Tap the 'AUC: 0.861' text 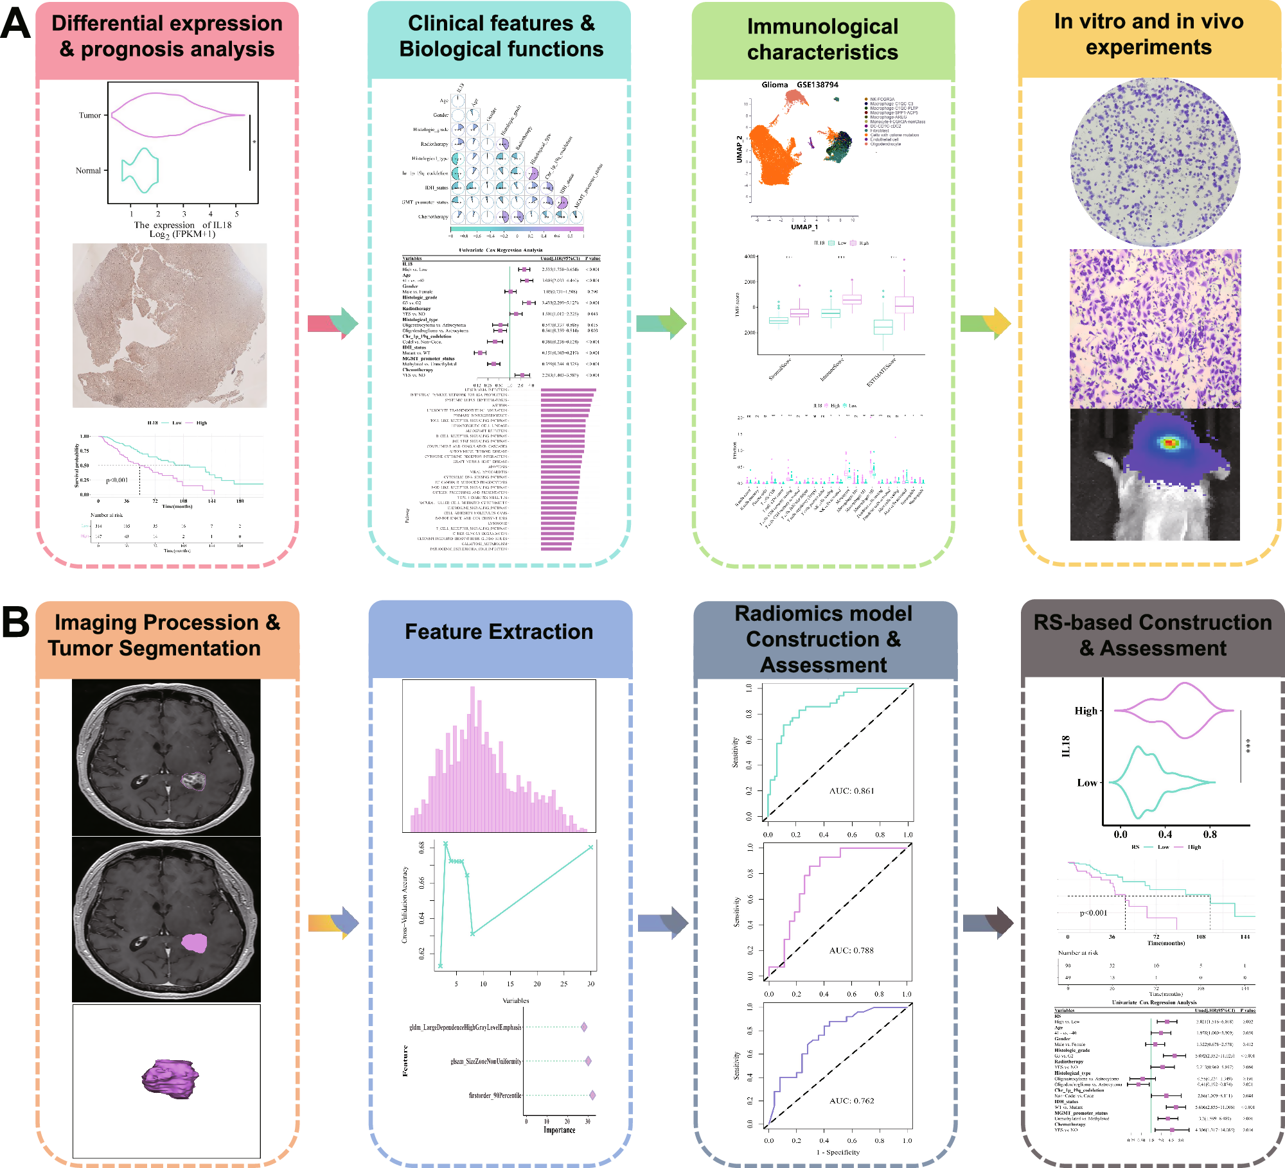[851, 790]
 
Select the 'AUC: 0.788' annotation [851, 950]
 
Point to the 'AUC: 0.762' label [851, 1100]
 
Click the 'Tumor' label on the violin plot [90, 116]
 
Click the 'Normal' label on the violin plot [88, 171]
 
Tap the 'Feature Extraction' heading [499, 631]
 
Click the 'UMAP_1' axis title [804, 227]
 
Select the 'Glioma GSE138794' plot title [799, 85]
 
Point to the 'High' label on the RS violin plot [1086, 710]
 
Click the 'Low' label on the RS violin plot [1087, 782]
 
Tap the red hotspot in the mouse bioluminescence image [1169, 442]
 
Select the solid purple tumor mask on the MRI [194, 943]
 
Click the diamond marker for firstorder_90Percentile [592, 1095]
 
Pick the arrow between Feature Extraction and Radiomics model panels [663, 923]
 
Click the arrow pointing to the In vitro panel [986, 323]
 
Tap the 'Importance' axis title [559, 1129]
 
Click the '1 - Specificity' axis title [838, 1152]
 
